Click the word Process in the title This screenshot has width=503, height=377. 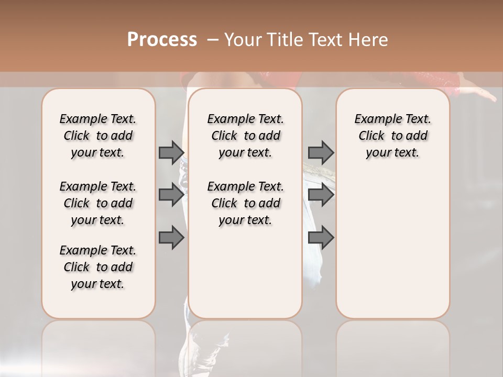162,40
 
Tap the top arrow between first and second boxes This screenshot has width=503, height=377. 171,152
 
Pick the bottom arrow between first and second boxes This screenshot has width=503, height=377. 171,238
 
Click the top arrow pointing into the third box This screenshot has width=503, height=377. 321,152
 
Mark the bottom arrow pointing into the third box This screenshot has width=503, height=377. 321,238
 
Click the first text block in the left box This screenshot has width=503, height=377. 98,136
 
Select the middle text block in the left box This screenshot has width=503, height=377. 98,203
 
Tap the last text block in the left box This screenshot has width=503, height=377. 98,267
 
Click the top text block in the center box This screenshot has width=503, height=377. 245,136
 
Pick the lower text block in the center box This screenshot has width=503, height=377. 245,203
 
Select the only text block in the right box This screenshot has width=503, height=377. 392,136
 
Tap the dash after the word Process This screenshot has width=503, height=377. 213,40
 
